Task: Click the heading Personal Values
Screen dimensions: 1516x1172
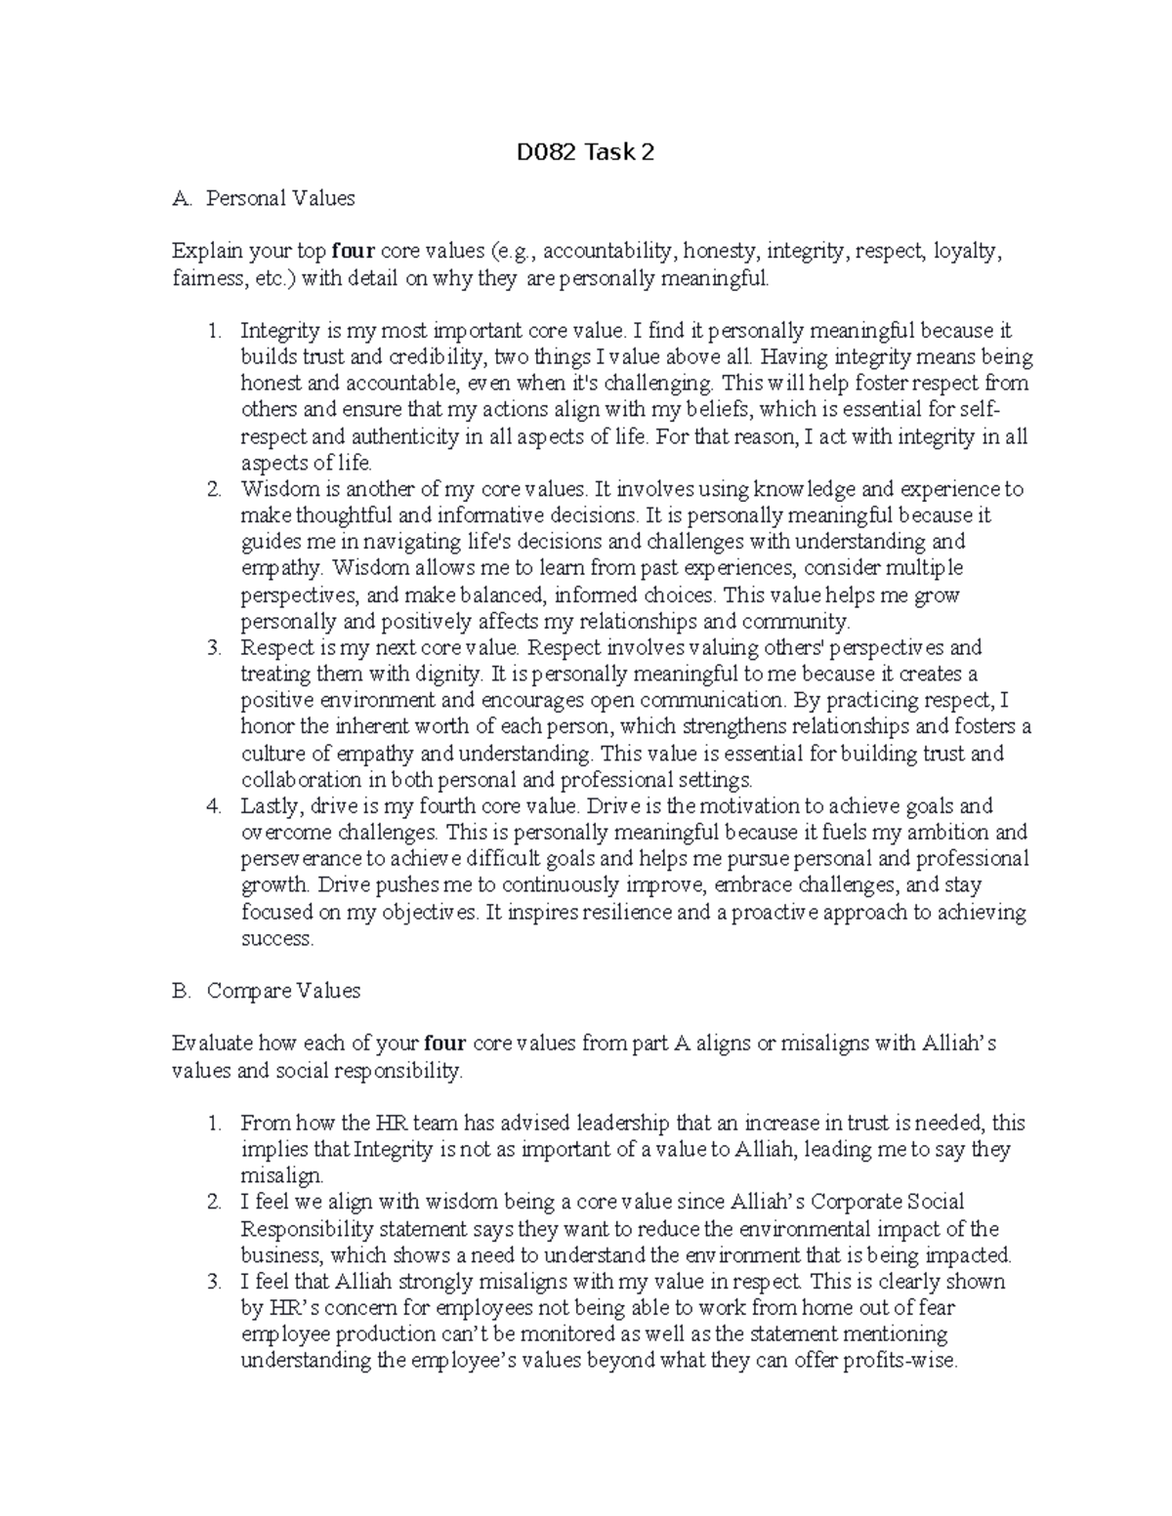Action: click(280, 198)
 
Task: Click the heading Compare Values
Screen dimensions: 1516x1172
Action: click(283, 991)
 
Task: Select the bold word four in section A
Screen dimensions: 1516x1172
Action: click(354, 252)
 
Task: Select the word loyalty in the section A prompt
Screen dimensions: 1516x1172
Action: click(967, 252)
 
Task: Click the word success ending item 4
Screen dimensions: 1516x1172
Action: click(276, 939)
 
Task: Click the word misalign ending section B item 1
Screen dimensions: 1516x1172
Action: click(280, 1176)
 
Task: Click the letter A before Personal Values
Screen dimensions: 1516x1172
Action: click(179, 198)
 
